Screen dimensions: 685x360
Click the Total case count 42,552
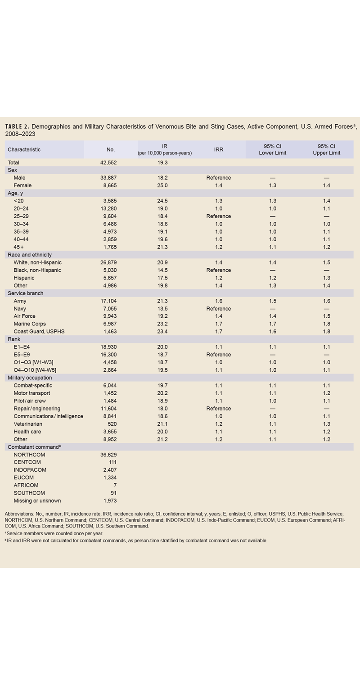[x=107, y=162]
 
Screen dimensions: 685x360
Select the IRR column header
[x=218, y=149]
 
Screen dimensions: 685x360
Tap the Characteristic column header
[x=24, y=149]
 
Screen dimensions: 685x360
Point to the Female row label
[x=22, y=185]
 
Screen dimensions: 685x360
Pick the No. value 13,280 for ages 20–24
[x=107, y=208]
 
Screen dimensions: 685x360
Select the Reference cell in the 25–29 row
[x=218, y=216]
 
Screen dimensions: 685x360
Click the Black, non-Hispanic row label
[x=37, y=270]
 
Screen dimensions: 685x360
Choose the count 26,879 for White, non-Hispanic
[x=107, y=262]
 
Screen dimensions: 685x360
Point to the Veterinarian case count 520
[x=110, y=424]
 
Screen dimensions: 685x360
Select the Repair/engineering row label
[x=37, y=409]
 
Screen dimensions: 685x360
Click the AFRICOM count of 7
[x=114, y=485]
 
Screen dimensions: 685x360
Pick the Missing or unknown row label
[x=37, y=500]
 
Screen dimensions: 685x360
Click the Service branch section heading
[x=25, y=293]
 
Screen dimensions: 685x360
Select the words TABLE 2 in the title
[x=17, y=127]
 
